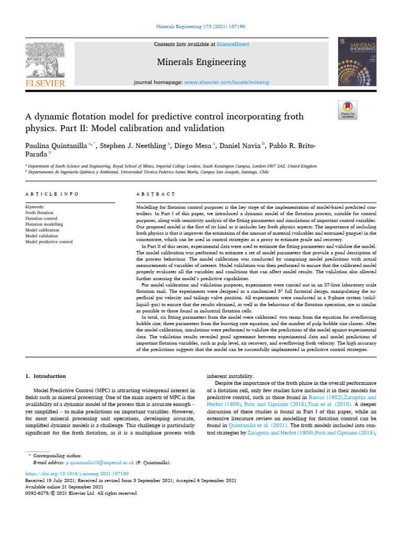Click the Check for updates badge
coord(348,108)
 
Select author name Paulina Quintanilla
coord(55,144)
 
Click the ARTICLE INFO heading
coord(51,194)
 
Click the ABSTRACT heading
coord(152,194)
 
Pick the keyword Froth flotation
coord(40,214)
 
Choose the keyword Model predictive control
coord(49,242)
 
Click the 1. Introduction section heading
coord(46,376)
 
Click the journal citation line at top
coord(201,26)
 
